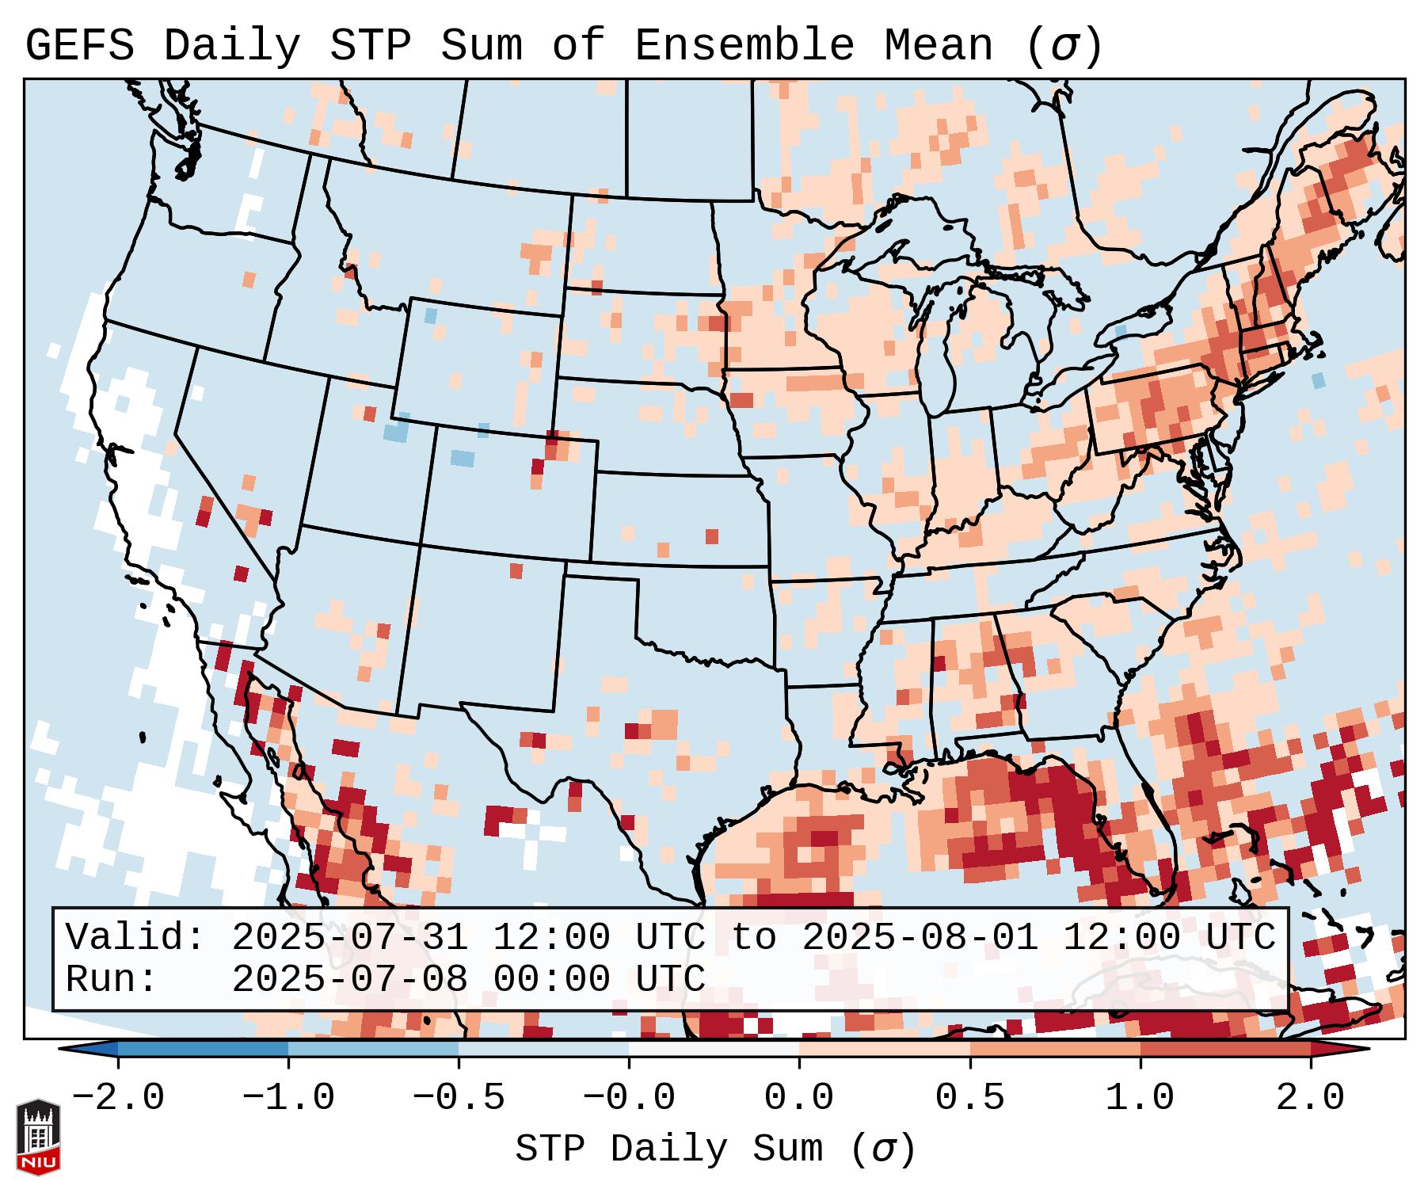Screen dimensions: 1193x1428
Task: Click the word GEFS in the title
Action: [80, 46]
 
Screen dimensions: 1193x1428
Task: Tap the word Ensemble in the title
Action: [744, 46]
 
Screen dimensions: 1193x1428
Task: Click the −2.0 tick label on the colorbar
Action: [118, 1098]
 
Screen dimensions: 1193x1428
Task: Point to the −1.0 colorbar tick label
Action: [288, 1098]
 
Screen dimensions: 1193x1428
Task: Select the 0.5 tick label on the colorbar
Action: [969, 1098]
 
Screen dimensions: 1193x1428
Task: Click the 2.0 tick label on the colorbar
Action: [1310, 1098]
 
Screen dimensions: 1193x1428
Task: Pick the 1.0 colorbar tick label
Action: [1140, 1098]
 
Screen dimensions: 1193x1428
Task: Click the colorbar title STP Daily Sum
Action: [669, 1149]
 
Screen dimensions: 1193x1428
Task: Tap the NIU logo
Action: [38, 1137]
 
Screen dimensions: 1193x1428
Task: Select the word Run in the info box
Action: [110, 980]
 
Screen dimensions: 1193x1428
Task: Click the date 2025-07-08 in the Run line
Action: [349, 980]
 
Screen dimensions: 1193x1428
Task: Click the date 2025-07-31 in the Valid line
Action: [349, 937]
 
